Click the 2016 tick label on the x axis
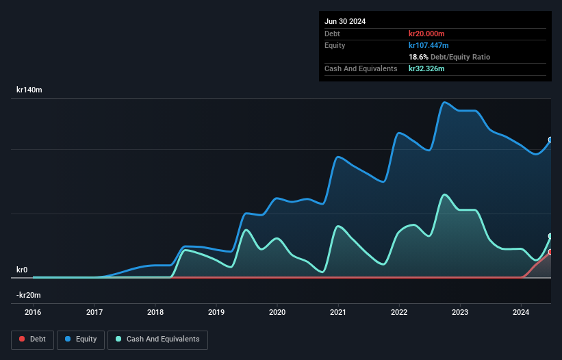(x=33, y=313)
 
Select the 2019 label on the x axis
(x=216, y=313)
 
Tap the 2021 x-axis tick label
(x=338, y=313)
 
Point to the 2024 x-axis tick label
(x=522, y=313)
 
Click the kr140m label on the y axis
(x=29, y=90)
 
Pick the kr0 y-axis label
(x=22, y=270)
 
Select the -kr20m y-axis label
(x=29, y=295)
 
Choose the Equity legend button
(x=81, y=339)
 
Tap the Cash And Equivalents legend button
(x=157, y=339)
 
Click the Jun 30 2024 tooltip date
(x=345, y=21)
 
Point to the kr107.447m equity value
(x=429, y=45)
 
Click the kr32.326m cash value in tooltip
(x=427, y=68)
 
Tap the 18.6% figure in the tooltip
(x=418, y=57)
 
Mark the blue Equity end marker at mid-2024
(x=550, y=140)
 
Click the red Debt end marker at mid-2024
(x=550, y=252)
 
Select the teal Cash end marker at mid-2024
(x=550, y=236)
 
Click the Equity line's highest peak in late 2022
(x=445, y=103)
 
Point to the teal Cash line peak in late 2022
(x=445, y=194)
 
